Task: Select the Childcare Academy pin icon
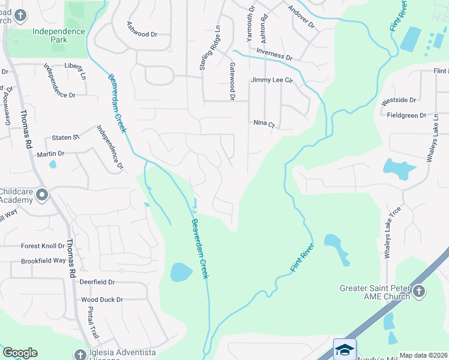pyautogui.click(x=42, y=194)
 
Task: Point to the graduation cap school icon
pyautogui.click(x=345, y=349)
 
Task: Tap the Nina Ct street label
pyautogui.click(x=264, y=124)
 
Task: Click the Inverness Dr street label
pyautogui.click(x=274, y=55)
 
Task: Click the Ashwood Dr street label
pyautogui.click(x=142, y=29)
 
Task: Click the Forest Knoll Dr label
pyautogui.click(x=43, y=245)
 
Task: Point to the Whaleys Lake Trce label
pyautogui.click(x=388, y=232)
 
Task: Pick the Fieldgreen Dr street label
pyautogui.click(x=406, y=115)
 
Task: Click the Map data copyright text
pyautogui.click(x=423, y=355)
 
